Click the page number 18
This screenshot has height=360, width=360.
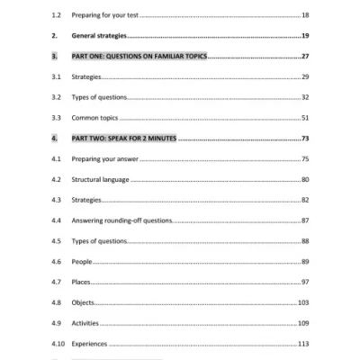point(305,15)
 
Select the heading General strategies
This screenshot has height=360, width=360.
point(98,36)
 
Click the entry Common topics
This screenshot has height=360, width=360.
point(95,117)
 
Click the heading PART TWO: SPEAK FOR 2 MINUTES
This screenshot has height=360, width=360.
point(124,139)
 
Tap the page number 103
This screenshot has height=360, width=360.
point(303,302)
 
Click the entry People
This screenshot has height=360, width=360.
point(82,261)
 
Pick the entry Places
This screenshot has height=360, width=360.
point(81,282)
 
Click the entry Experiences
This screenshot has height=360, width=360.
point(90,344)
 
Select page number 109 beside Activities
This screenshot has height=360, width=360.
point(303,323)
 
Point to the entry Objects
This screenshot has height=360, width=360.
point(83,302)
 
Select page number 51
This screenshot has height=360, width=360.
point(305,117)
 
